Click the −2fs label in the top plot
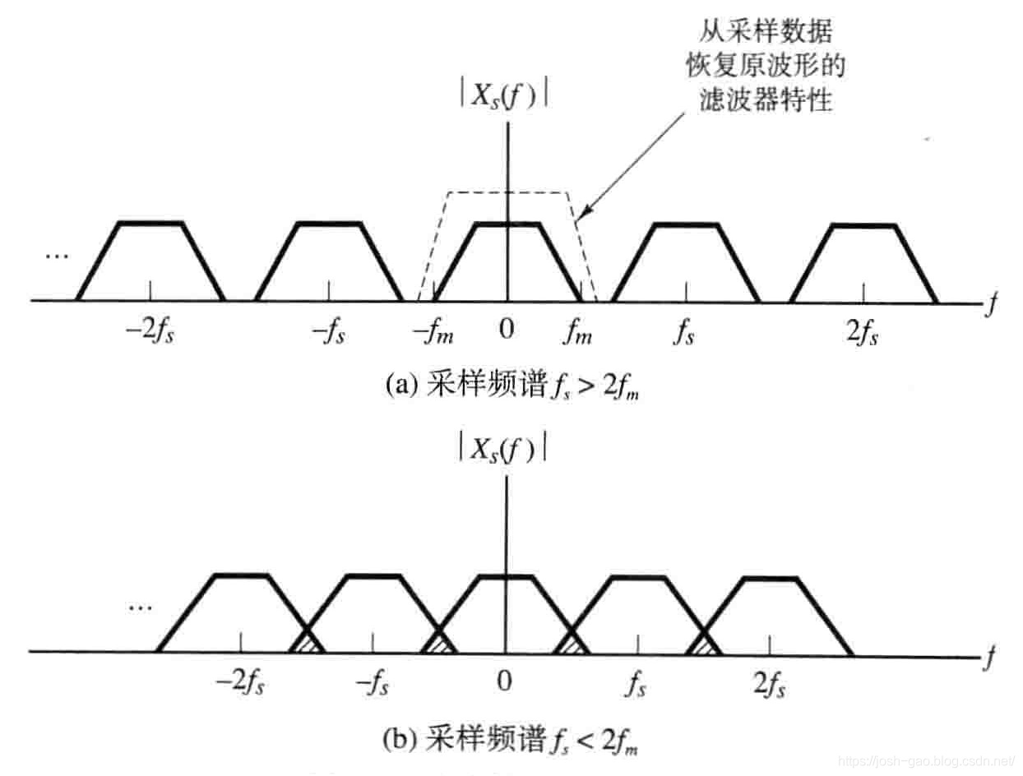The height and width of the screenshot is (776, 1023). tap(150, 332)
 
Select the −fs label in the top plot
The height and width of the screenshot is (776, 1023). tap(328, 332)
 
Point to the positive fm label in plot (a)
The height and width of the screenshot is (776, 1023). tap(580, 332)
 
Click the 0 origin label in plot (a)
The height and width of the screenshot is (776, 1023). tap(507, 330)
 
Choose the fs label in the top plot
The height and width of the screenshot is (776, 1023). tap(683, 332)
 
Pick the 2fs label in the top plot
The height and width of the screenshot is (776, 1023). tap(863, 332)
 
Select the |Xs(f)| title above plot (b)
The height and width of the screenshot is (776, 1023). tap(503, 448)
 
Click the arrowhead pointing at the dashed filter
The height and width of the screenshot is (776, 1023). tap(581, 215)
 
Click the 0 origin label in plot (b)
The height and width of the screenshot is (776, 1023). tap(505, 682)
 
